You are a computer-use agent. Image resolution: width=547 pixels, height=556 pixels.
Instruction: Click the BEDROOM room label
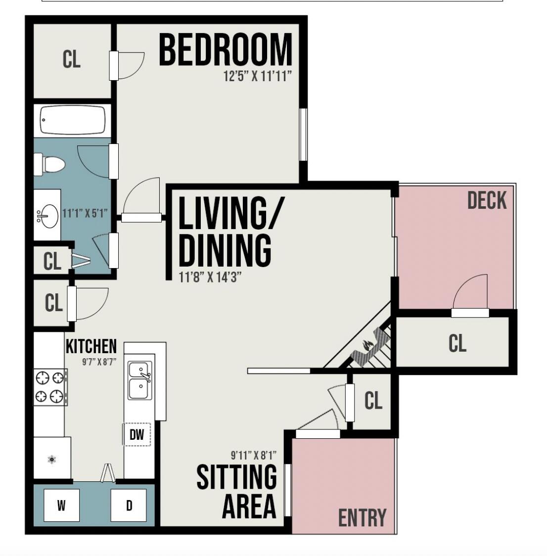[226, 50]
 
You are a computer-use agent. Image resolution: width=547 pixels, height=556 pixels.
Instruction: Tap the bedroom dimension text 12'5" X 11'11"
[258, 77]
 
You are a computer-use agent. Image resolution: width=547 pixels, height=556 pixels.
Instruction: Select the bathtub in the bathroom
[73, 120]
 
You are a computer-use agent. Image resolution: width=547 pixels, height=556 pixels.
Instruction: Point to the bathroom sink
[47, 216]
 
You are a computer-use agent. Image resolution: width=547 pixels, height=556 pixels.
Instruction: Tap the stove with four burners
[50, 387]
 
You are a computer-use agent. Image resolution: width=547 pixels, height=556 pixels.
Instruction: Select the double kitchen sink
[139, 380]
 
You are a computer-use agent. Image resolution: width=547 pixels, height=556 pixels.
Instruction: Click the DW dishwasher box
[137, 435]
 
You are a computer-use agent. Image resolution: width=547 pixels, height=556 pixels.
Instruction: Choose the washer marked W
[61, 506]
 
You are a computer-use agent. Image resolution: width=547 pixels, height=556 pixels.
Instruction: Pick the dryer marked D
[129, 506]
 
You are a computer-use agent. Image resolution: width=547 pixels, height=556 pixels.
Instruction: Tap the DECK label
[487, 200]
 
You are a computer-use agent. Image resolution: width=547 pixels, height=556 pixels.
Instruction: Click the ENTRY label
[362, 518]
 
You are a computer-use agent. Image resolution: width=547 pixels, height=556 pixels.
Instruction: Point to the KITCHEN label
[91, 346]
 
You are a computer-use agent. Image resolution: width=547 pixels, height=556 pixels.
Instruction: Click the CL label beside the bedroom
[71, 59]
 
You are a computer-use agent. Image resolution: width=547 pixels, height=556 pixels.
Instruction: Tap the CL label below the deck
[457, 343]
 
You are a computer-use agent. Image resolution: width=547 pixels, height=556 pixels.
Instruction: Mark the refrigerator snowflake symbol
[52, 460]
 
